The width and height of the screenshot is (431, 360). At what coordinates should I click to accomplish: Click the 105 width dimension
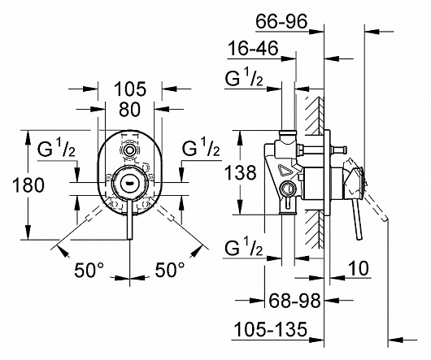(130, 89)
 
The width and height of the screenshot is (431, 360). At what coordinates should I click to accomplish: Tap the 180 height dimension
(28, 184)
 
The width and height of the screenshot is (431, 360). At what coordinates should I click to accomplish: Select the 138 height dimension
(240, 173)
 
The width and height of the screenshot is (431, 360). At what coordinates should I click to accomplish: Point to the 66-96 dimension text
(281, 21)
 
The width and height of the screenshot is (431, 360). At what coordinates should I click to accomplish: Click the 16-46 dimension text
(253, 48)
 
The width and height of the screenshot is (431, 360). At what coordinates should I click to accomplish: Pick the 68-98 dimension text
(294, 300)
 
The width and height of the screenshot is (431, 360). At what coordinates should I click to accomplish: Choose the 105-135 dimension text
(270, 329)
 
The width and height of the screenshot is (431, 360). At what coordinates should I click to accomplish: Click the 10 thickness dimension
(359, 268)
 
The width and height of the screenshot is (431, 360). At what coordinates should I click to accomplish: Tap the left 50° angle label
(89, 270)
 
